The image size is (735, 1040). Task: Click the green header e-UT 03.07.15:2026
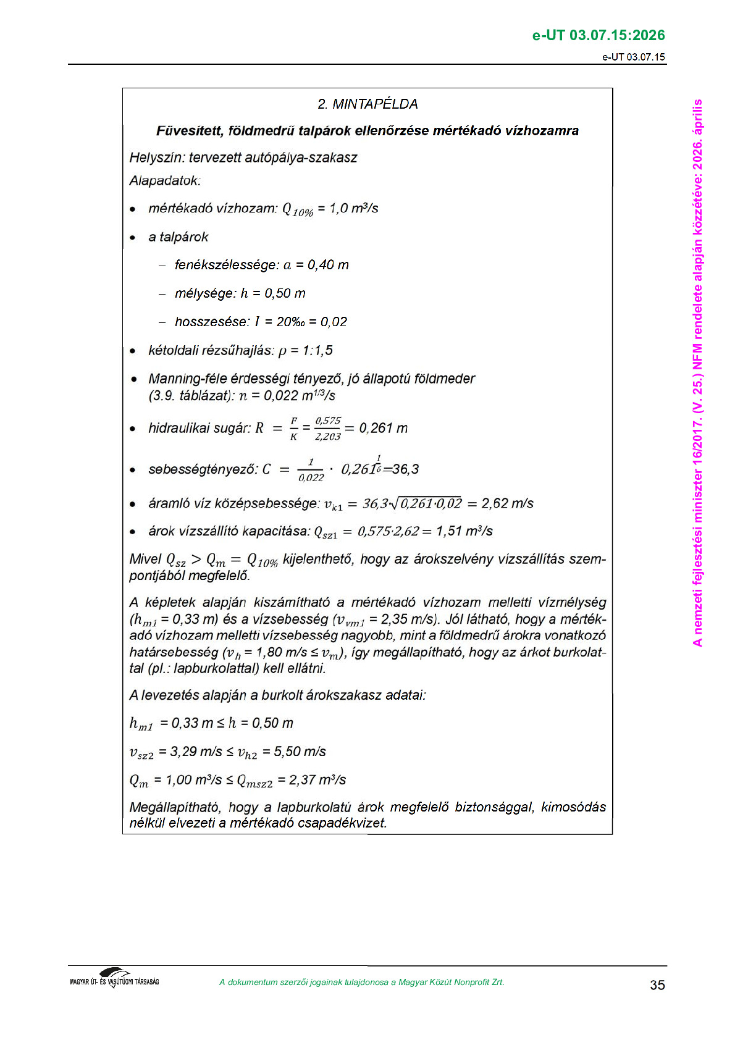tap(598, 35)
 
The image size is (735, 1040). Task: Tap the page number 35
tap(657, 985)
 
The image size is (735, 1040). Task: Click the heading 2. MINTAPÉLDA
tap(367, 104)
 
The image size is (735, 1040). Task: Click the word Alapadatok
tap(164, 181)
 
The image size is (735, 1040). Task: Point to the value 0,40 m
tap(328, 265)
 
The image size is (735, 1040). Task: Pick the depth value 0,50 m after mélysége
tap(285, 293)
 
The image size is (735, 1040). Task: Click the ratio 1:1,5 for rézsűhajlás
tap(317, 351)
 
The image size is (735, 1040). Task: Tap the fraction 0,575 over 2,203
tap(327, 429)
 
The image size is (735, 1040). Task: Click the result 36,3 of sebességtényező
tap(405, 469)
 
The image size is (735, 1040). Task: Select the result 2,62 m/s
tap(507, 503)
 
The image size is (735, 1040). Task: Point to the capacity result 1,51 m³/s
tap(464, 531)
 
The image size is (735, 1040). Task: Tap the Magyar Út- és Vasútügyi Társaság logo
tap(114, 978)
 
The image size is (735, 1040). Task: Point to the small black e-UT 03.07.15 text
tap(634, 57)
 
